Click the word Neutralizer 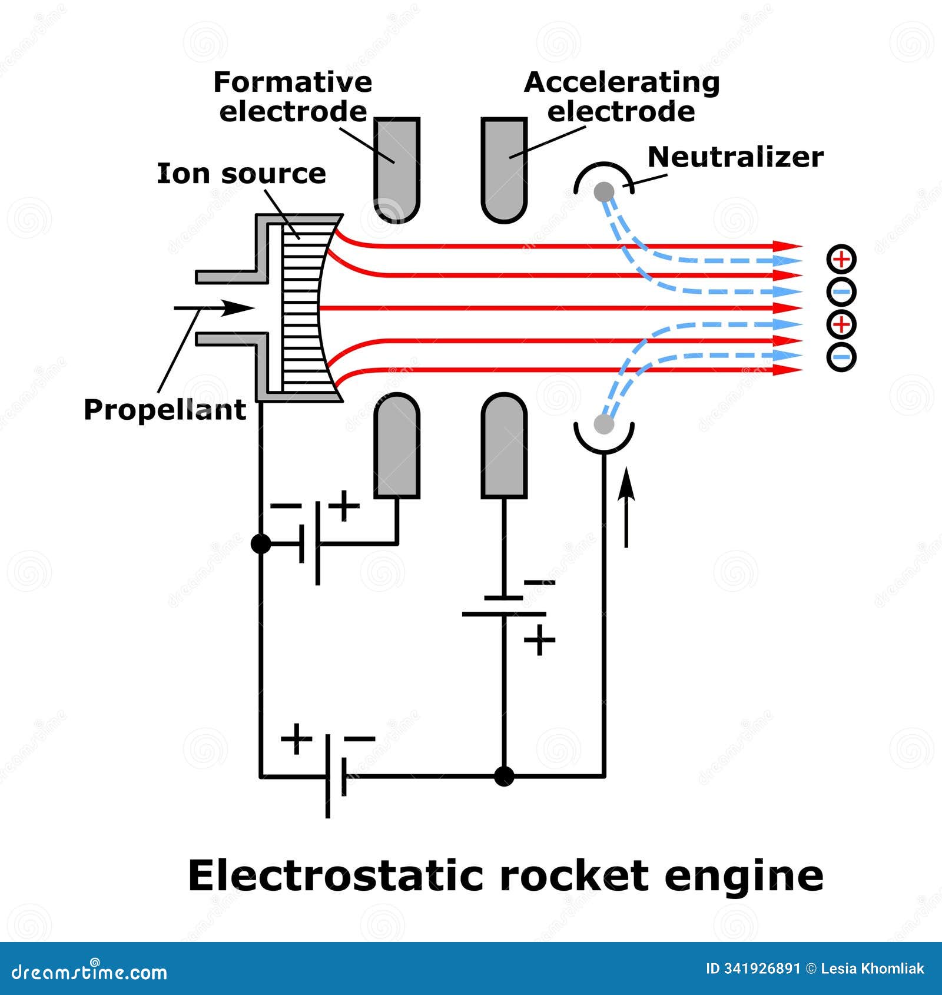[x=735, y=157]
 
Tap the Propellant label [x=164, y=410]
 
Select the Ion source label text [x=241, y=174]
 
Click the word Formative [x=293, y=82]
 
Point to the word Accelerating [x=622, y=82]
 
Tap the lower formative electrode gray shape [x=397, y=447]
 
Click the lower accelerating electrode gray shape [x=504, y=447]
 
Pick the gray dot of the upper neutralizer [x=603, y=191]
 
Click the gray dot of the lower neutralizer [x=603, y=424]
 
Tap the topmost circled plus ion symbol [x=841, y=259]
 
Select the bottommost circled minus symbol [x=841, y=356]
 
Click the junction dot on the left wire [x=261, y=543]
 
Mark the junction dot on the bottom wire [x=504, y=776]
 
